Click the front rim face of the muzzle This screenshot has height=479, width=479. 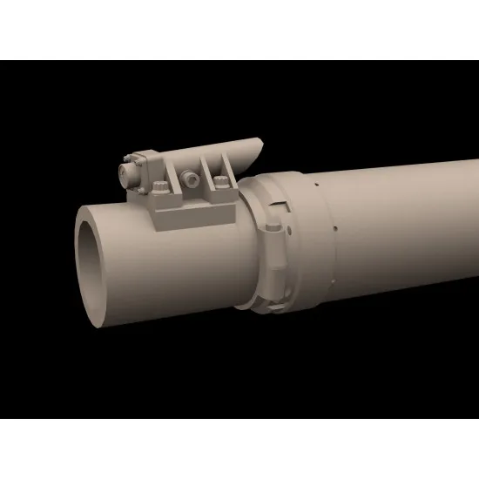(84, 261)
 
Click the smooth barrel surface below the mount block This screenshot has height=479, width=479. (174, 279)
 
